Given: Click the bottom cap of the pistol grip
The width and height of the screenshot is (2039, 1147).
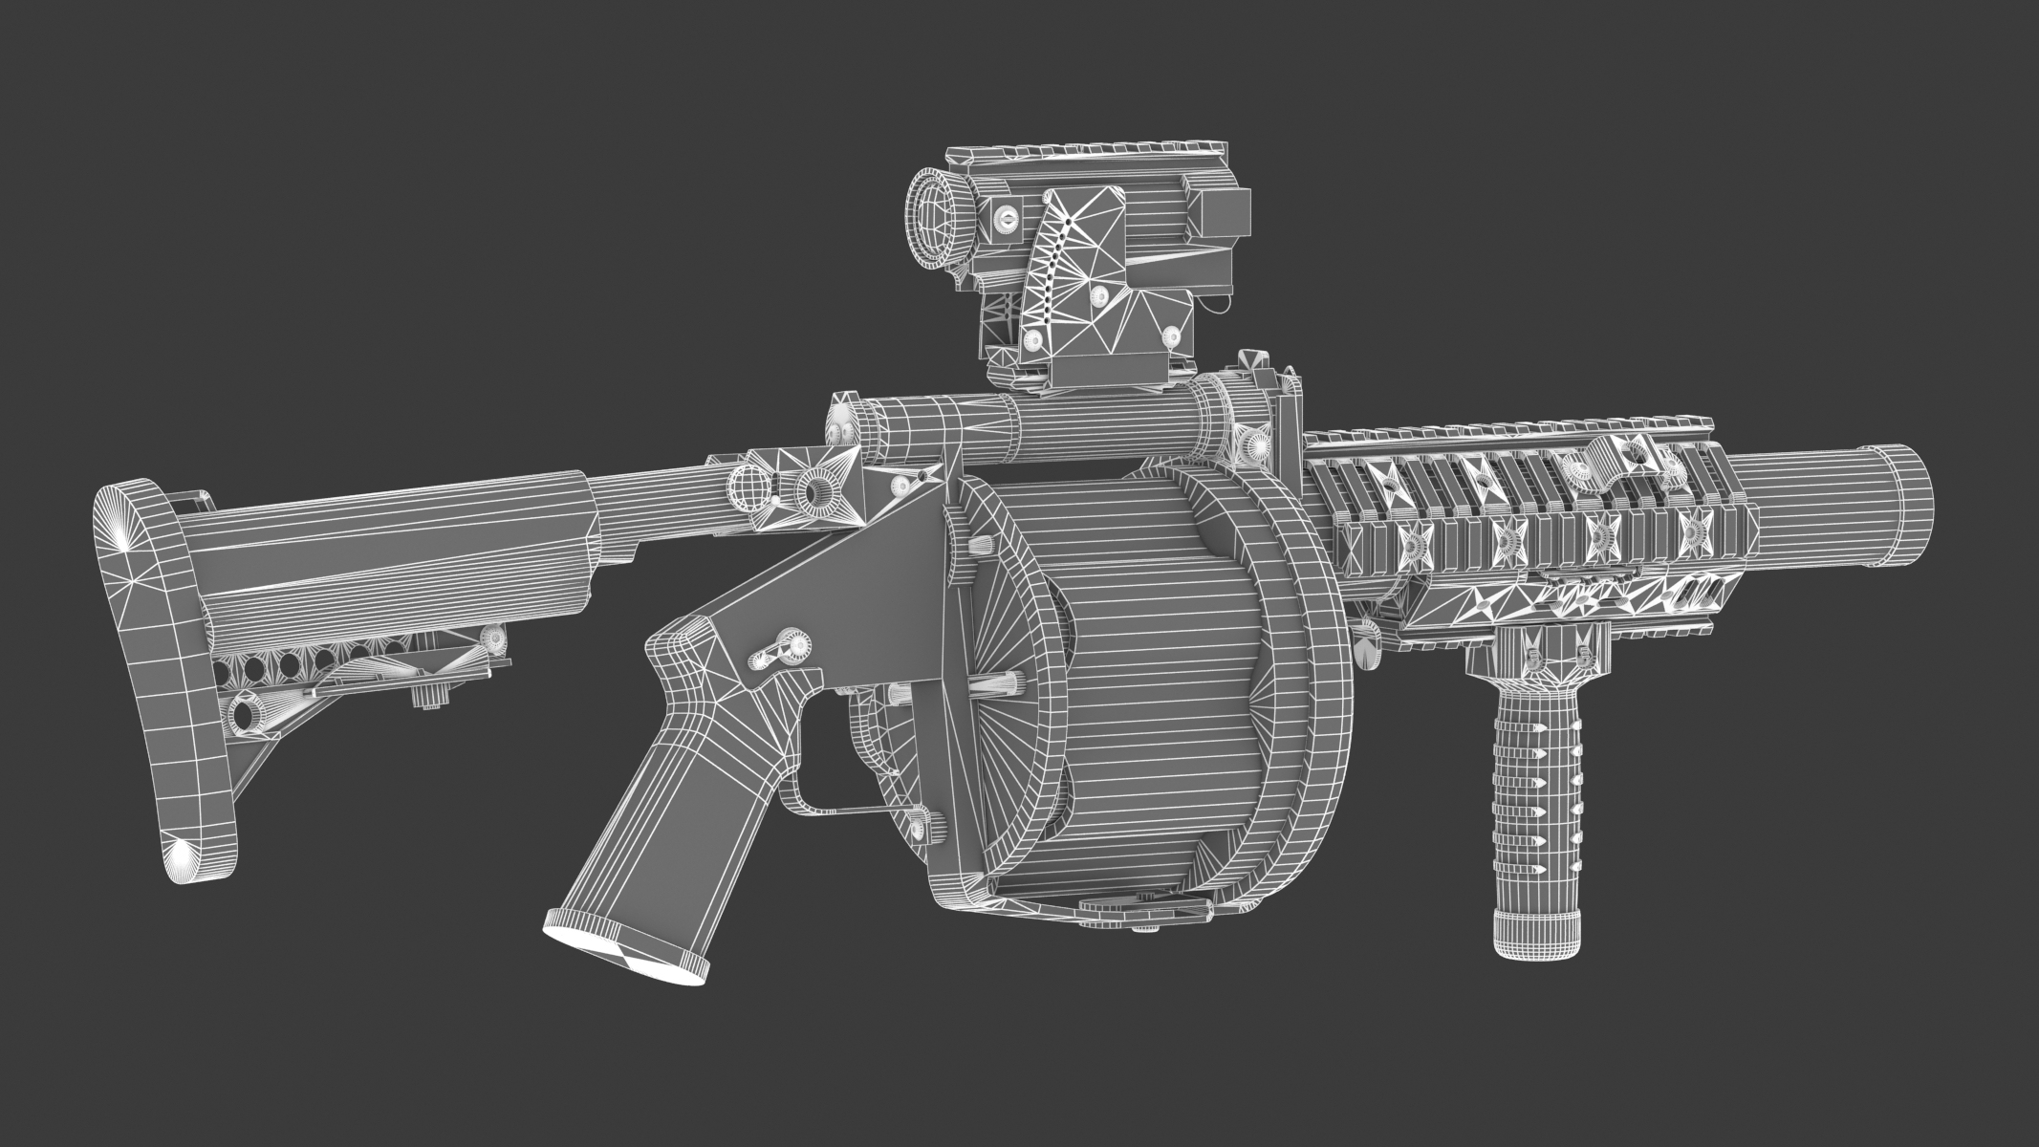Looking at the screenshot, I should [626, 955].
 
